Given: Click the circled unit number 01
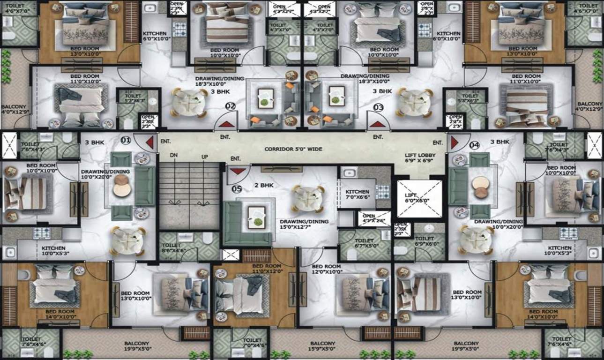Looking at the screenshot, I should pyautogui.click(x=125, y=140).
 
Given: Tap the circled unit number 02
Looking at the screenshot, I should pyautogui.click(x=230, y=107).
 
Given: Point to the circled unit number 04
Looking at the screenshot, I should pyautogui.click(x=474, y=145).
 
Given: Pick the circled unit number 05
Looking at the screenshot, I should pyautogui.click(x=237, y=189).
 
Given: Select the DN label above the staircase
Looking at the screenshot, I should pyautogui.click(x=174, y=155).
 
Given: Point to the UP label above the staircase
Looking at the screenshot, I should pyautogui.click(x=205, y=155).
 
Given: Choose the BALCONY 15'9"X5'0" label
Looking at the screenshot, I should pyautogui.click(x=322, y=346).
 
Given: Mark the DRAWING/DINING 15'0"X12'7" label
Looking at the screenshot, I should pyautogui.click(x=304, y=225).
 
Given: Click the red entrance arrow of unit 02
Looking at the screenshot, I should pyautogui.click(x=226, y=125).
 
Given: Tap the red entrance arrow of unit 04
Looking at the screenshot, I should pyautogui.click(x=454, y=142).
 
